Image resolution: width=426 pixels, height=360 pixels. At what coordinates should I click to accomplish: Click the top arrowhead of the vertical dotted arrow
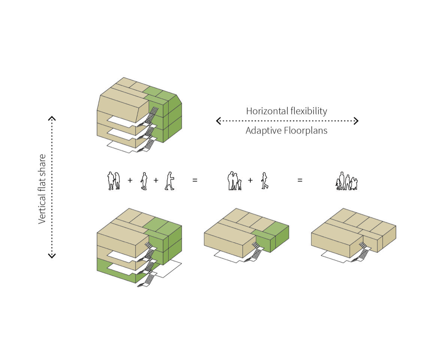[x=52, y=119]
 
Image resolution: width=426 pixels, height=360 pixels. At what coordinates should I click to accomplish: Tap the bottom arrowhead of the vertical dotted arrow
[x=52, y=256]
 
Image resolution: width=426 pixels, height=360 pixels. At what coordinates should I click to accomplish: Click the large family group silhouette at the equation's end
[x=347, y=181]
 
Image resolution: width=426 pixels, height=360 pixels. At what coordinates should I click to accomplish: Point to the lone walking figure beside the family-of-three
[x=265, y=181]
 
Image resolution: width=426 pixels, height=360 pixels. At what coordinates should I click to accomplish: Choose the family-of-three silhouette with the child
[x=234, y=181]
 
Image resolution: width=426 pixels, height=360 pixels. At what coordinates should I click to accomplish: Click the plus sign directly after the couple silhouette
[x=130, y=180]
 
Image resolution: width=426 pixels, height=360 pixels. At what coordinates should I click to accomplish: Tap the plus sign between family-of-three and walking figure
[x=250, y=180]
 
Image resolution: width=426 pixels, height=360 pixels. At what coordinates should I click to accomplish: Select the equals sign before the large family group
[x=300, y=180]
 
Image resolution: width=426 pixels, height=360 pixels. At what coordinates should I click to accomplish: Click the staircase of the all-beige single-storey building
[x=362, y=251]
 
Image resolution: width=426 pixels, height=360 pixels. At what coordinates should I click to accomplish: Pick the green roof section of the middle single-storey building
[x=275, y=227]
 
